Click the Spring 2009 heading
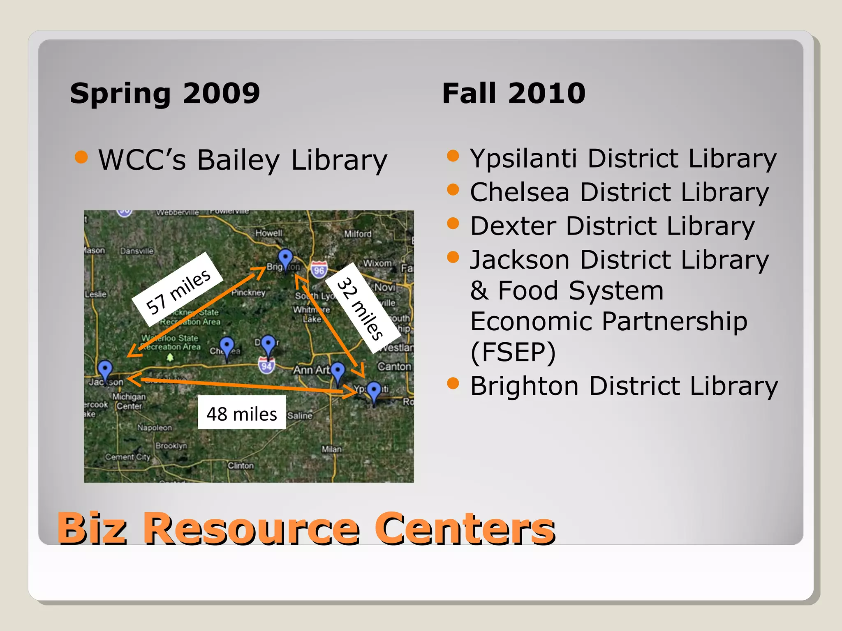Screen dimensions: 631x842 tap(165, 93)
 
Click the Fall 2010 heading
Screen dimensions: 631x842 tap(514, 93)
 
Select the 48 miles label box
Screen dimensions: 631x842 tap(242, 413)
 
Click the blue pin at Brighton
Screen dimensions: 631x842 tap(285, 258)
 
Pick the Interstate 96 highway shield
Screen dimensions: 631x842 tap(319, 270)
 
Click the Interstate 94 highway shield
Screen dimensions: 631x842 tap(266, 366)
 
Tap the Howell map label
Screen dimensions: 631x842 tap(269, 233)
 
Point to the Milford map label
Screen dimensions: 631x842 tap(358, 234)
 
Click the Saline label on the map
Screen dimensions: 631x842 tap(300, 415)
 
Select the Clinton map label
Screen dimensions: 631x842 tap(241, 465)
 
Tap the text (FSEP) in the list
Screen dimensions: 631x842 tap(513, 352)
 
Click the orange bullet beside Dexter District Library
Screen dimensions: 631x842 tap(453, 223)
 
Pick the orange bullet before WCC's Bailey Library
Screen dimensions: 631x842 tap(81, 157)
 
